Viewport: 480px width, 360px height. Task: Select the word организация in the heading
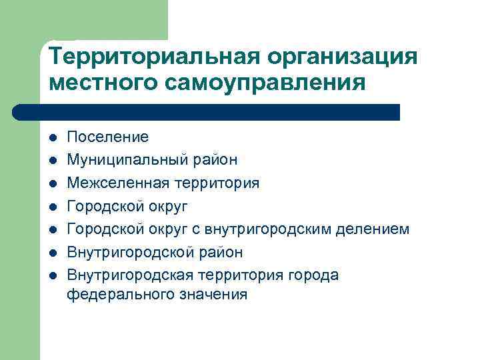(x=341, y=56)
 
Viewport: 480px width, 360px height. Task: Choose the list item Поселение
(x=107, y=137)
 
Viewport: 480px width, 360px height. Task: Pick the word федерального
(x=113, y=294)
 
